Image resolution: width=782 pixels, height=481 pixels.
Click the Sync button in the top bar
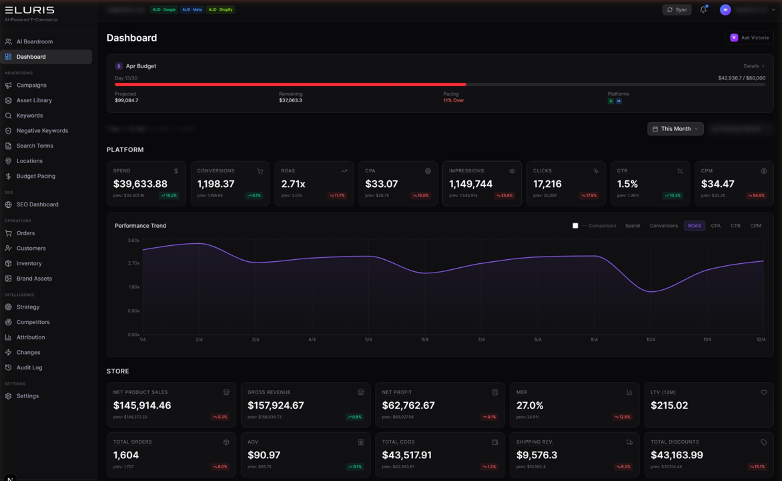(x=677, y=9)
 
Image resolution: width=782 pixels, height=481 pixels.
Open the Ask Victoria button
(x=750, y=37)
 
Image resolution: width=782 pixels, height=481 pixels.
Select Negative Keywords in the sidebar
(x=42, y=130)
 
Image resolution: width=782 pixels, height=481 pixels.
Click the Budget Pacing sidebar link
(x=35, y=176)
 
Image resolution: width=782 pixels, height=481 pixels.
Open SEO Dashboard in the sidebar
(x=37, y=204)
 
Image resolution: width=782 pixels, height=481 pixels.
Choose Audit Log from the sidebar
(x=29, y=367)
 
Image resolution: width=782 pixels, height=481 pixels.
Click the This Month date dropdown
(x=675, y=128)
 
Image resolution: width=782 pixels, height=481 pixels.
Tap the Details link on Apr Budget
(x=753, y=66)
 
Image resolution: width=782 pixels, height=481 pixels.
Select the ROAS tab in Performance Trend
(x=694, y=226)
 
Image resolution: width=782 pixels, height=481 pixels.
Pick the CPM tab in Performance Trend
(x=755, y=226)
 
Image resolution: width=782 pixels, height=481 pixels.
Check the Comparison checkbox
(x=575, y=226)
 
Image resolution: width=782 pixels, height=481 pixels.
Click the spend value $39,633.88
(x=140, y=184)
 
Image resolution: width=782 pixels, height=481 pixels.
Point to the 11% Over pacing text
(x=453, y=100)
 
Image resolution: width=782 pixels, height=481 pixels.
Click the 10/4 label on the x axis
(x=651, y=339)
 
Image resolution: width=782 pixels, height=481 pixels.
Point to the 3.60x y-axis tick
(x=133, y=240)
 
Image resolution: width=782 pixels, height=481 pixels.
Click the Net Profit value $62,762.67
(x=408, y=406)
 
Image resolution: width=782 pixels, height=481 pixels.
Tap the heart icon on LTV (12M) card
(x=763, y=392)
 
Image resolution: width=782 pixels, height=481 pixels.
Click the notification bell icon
(x=703, y=9)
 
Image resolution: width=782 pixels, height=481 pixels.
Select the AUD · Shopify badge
(x=220, y=9)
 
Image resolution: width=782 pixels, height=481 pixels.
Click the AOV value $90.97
(x=264, y=455)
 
